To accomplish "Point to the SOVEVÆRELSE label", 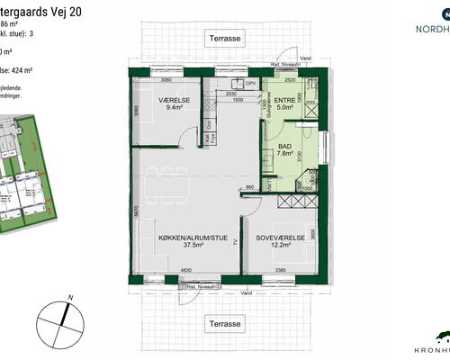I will pos(280,238).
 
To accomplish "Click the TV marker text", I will pos(236,243).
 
